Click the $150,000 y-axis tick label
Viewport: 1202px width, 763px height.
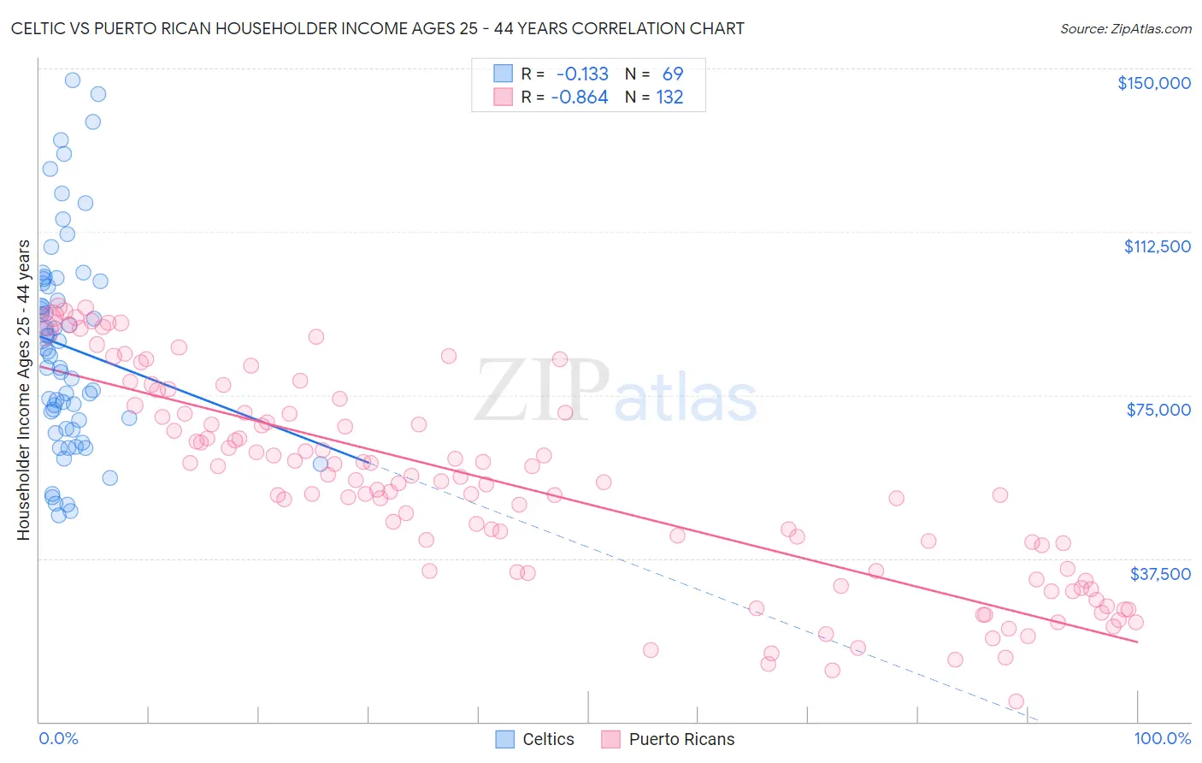click(1153, 83)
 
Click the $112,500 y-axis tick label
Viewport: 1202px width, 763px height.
click(1157, 246)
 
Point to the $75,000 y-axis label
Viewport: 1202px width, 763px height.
click(1158, 410)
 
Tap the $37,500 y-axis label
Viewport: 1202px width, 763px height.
click(1160, 574)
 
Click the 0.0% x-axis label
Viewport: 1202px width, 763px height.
click(58, 738)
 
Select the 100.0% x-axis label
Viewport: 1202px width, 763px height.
click(1162, 738)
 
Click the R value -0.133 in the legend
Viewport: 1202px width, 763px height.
click(582, 74)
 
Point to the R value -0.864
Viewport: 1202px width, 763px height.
click(580, 98)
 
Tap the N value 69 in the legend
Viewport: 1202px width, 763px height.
click(673, 74)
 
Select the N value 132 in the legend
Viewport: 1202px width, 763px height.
click(669, 98)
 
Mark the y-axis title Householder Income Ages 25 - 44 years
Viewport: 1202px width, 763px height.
click(24, 390)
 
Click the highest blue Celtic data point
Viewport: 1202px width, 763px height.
click(73, 80)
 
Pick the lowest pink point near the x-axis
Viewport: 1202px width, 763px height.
click(1016, 701)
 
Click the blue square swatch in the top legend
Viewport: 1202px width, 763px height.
click(504, 74)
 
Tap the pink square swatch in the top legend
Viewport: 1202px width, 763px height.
click(504, 97)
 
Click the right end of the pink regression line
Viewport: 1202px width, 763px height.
click(1137, 641)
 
